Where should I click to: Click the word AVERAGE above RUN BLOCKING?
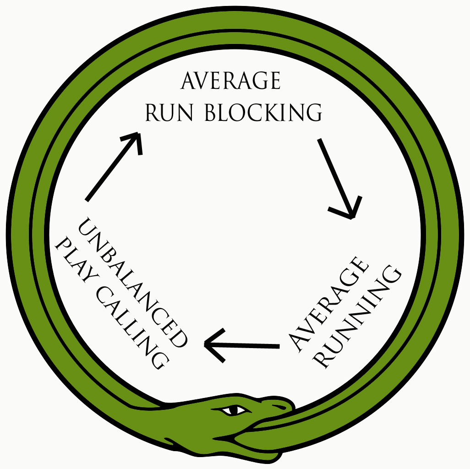coord(230,82)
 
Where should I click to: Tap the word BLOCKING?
coord(263,112)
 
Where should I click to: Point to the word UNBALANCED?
coord(132,282)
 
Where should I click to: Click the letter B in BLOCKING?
coord(211,112)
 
